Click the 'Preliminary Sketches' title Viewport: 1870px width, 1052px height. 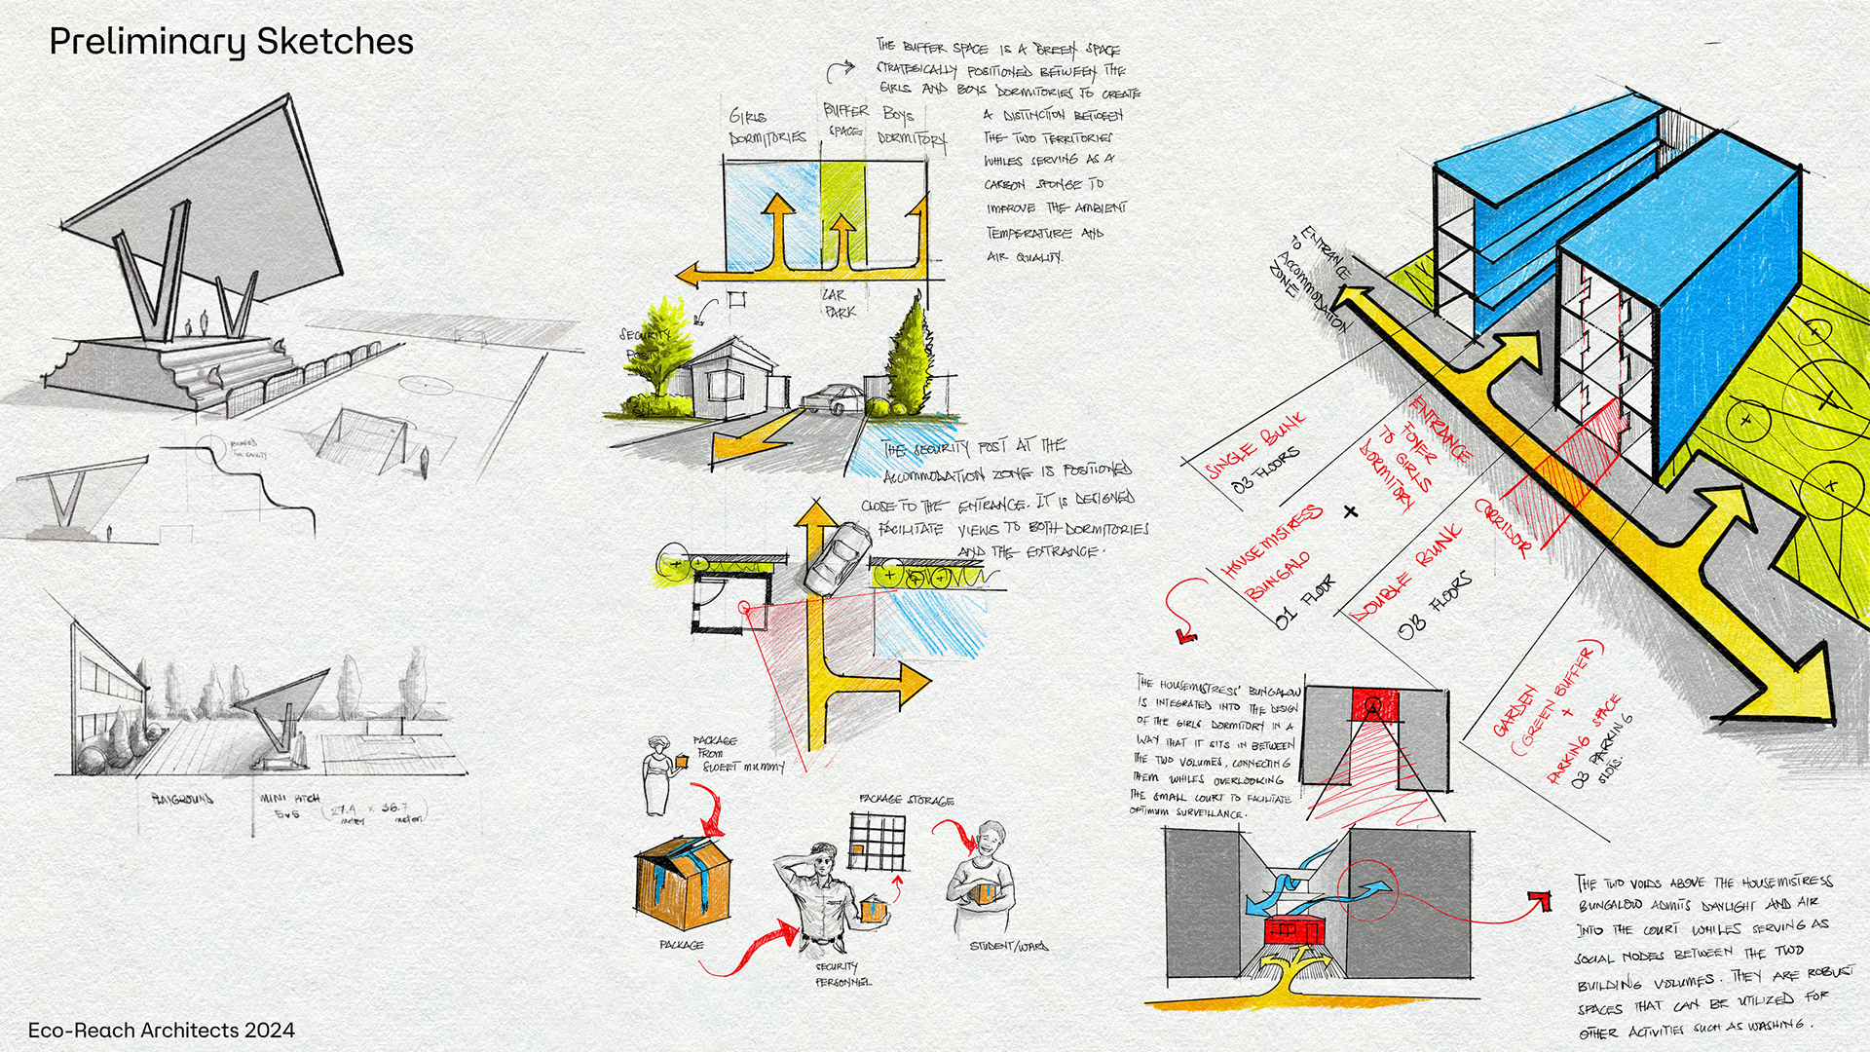[x=231, y=42]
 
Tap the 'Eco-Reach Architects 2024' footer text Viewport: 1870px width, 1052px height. [x=161, y=1030]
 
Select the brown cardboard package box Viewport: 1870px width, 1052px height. [x=685, y=883]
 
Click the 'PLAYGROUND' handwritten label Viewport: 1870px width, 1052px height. [x=182, y=800]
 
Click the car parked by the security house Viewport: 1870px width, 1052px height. [x=833, y=398]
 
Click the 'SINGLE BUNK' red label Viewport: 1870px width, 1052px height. [x=1256, y=445]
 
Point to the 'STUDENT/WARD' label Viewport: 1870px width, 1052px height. [x=1008, y=946]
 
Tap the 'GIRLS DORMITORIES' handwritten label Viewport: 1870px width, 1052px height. [x=767, y=128]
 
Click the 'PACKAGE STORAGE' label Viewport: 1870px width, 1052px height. [x=906, y=800]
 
